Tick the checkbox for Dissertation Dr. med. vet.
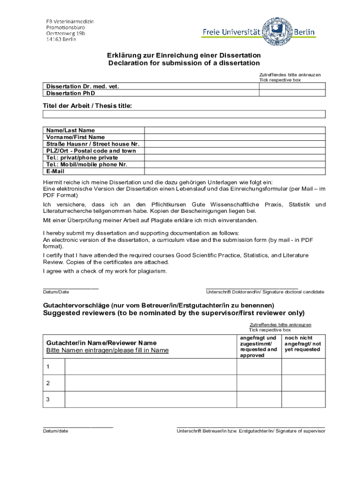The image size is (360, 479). tap(292, 87)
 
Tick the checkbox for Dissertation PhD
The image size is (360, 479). tap(292, 93)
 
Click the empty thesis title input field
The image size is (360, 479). tap(184, 114)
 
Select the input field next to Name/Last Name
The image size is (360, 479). tap(235, 130)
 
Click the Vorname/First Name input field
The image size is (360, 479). tap(235, 137)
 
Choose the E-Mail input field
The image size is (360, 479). tap(235, 171)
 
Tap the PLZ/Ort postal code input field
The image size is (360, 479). tap(235, 151)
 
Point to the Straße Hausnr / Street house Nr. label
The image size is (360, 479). tap(93, 144)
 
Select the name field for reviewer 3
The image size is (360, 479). tap(151, 399)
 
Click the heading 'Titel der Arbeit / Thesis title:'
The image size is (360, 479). tap(88, 106)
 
